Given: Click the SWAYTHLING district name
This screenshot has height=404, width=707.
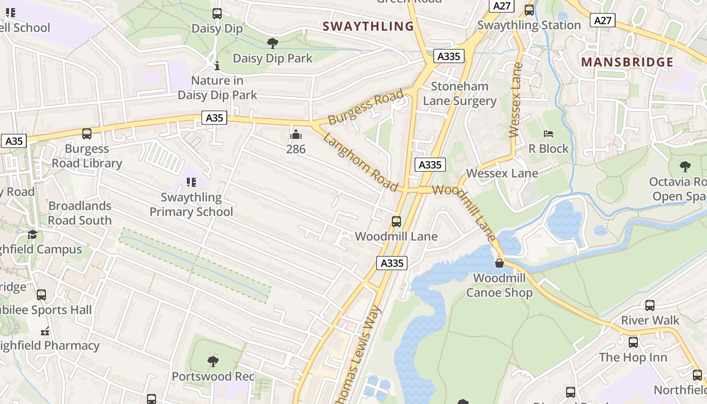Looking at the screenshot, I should click(x=368, y=26).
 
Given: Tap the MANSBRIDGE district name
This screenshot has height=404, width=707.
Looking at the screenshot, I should click(x=627, y=62).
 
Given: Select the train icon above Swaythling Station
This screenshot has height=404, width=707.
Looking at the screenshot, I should click(x=529, y=10).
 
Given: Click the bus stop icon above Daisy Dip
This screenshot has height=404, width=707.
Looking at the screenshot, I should click(x=217, y=14).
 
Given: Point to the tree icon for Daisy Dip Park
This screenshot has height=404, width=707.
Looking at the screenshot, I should click(x=273, y=43).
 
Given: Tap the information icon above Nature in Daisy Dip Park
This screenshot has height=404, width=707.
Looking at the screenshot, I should click(x=217, y=66).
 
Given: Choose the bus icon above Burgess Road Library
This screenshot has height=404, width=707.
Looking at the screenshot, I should click(x=87, y=134).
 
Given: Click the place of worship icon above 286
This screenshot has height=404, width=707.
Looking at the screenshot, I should click(x=296, y=134).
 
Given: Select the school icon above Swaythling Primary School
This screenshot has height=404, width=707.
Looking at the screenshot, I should click(x=191, y=182).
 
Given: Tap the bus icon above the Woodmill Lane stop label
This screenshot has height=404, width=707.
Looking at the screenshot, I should click(x=396, y=221).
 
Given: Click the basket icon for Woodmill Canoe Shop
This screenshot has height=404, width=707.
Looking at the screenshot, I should click(x=499, y=263).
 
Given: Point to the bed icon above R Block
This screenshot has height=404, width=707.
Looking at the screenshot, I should click(x=548, y=134).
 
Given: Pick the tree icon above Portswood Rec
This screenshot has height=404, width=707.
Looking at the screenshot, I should click(x=213, y=361).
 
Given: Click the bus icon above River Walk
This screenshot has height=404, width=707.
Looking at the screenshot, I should click(x=650, y=305).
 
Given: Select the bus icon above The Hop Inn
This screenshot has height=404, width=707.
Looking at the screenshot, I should click(x=633, y=342).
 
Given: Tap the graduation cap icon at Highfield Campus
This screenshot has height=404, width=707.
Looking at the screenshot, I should click(x=33, y=235).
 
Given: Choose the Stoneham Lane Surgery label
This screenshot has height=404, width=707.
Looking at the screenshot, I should click(x=460, y=93).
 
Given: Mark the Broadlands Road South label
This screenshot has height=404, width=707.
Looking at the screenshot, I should click(x=80, y=213).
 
